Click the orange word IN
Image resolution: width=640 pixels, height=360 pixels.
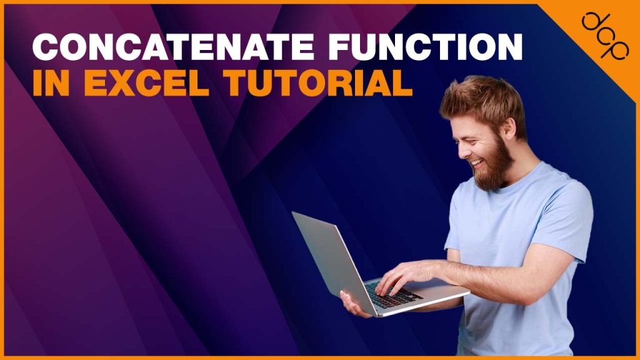click(52, 83)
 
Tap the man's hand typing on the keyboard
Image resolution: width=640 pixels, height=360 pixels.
click(400, 275)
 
